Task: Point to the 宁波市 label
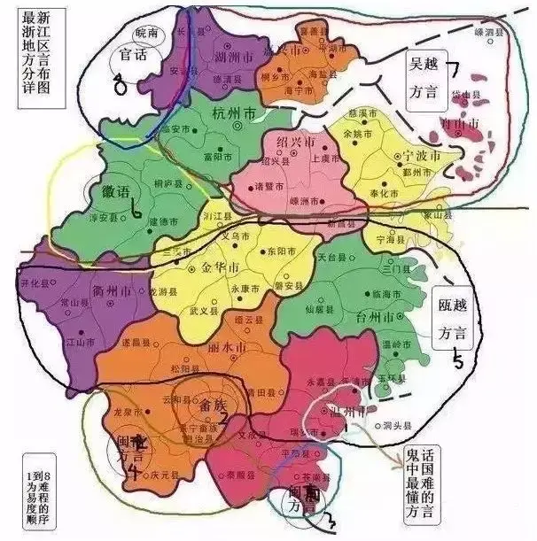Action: click(416, 156)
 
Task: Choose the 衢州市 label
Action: click(113, 290)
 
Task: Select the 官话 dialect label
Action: click(132, 54)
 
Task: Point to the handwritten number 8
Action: click(121, 85)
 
